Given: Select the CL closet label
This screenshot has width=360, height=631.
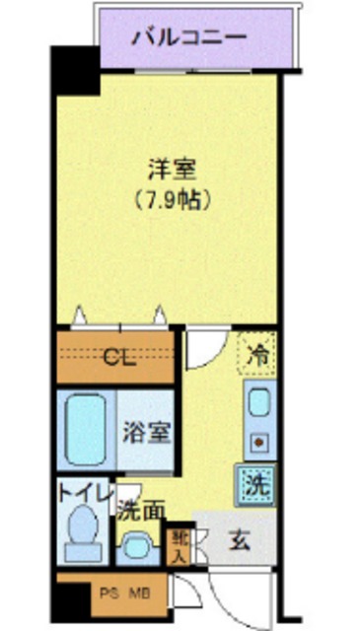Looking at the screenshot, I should click(119, 356).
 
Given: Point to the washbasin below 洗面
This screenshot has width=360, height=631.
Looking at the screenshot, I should click(138, 544).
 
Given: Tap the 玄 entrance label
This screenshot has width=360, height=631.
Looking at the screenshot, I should click(241, 541).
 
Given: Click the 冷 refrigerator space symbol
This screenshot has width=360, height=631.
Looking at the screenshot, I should click(257, 353).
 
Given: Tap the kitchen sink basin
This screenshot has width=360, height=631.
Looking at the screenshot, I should click(257, 403).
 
